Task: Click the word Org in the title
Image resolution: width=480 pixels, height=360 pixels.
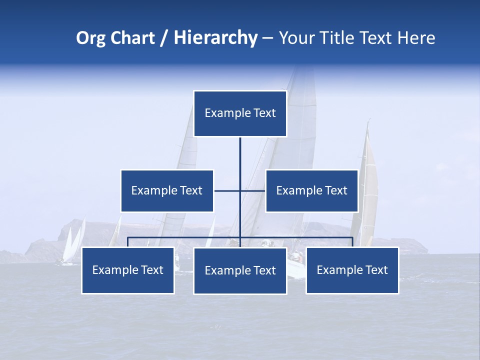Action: pyautogui.click(x=91, y=38)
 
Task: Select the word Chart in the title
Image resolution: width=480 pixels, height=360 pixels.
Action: pyautogui.click(x=130, y=38)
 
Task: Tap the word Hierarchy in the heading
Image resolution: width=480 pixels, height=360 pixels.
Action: pyautogui.click(x=215, y=38)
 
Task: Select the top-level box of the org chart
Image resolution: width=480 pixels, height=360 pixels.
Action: pyautogui.click(x=240, y=113)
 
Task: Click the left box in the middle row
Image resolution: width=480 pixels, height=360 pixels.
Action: pyautogui.click(x=167, y=190)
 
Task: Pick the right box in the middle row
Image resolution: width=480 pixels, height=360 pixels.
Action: pyautogui.click(x=311, y=190)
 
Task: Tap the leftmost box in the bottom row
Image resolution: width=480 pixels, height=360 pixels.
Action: pyautogui.click(x=127, y=270)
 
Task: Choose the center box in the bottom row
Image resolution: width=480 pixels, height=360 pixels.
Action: pyautogui.click(x=240, y=270)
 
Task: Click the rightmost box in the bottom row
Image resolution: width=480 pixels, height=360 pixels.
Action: pyautogui.click(x=352, y=270)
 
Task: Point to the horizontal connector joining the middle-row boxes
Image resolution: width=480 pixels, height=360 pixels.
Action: pyautogui.click(x=227, y=190)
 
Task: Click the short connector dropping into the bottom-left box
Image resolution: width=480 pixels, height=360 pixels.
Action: pyautogui.click(x=127, y=242)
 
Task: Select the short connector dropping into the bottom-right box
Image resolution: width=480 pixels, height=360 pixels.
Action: pyautogui.click(x=352, y=242)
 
